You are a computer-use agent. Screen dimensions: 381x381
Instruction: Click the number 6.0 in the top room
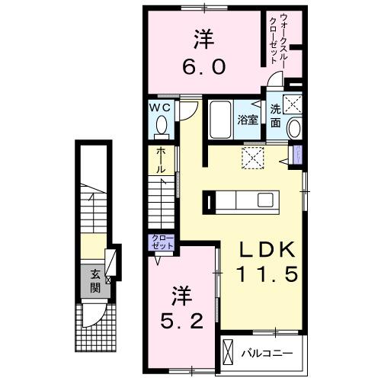pos(203,68)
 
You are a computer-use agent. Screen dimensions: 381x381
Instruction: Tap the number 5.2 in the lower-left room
pos(181,321)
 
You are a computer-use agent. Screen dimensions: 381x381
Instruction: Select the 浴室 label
pos(248,120)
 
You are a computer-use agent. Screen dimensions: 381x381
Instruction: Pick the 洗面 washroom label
pos(274,114)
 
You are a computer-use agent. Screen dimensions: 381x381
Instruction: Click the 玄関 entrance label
pos(95,281)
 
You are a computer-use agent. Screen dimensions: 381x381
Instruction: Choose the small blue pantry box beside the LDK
pos(297,157)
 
